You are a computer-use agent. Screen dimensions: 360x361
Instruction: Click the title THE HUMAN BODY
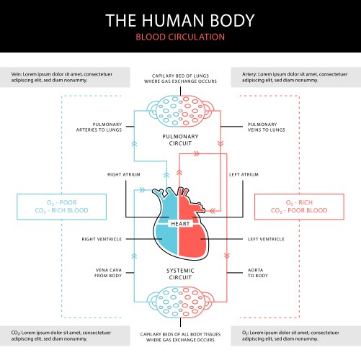(x=180, y=19)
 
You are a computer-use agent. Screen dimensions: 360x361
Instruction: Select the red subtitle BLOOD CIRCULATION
(x=180, y=37)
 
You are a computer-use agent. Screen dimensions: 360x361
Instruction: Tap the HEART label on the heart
(x=179, y=224)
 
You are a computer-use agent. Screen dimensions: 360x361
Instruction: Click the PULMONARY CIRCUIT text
(x=180, y=139)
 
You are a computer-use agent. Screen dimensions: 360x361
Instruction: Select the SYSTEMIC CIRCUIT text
(x=180, y=273)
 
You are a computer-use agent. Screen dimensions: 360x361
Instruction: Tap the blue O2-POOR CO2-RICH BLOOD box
(x=62, y=206)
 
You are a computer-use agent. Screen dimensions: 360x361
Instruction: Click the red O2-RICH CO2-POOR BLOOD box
(x=297, y=206)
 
